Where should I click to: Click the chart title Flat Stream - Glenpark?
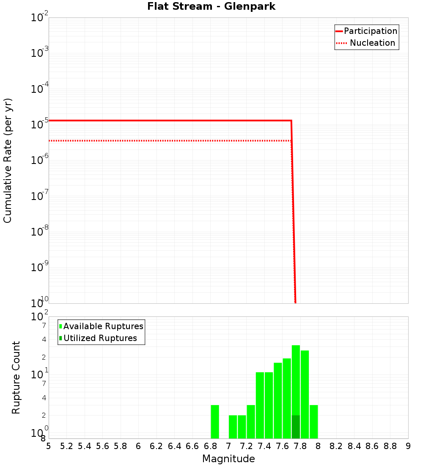click(211, 7)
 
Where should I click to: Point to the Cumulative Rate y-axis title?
click(8, 161)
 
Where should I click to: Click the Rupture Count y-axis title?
click(16, 377)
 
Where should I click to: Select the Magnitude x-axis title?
click(228, 459)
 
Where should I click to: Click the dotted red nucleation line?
click(169, 140)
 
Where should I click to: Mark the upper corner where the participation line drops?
click(291, 121)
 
